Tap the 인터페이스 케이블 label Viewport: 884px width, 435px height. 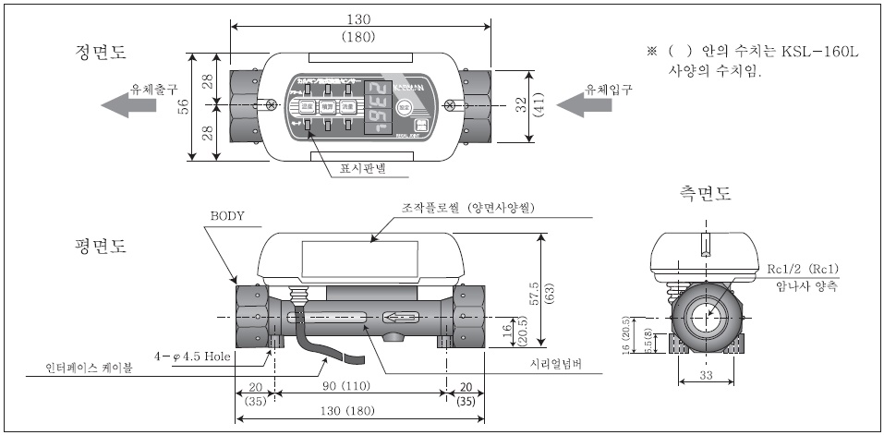[x=90, y=368]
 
